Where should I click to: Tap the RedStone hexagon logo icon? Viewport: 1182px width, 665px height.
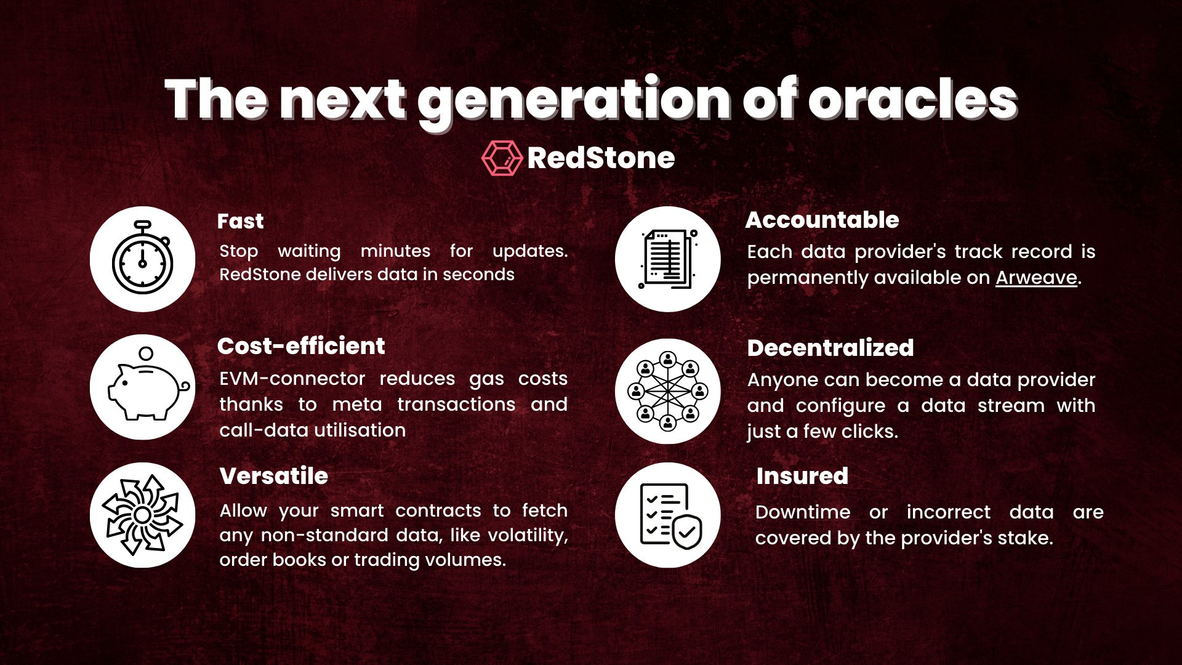[502, 158]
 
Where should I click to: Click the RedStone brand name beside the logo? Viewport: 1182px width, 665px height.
[601, 158]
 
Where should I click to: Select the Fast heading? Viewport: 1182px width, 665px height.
[240, 221]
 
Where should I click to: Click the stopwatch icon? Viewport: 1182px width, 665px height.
[142, 258]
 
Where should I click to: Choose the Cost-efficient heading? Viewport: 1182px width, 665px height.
[301, 346]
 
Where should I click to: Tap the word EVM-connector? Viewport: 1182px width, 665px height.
[292, 378]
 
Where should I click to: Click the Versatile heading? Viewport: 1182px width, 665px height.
[274, 476]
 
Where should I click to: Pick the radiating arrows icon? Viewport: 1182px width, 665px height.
[142, 515]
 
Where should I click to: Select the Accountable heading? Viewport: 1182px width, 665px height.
[822, 220]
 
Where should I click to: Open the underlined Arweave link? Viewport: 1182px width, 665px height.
[1037, 278]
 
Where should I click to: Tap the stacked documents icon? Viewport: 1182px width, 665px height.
[668, 259]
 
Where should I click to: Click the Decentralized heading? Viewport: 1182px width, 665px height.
[830, 348]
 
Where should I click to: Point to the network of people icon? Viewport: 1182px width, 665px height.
[668, 391]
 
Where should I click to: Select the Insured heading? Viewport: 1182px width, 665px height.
[802, 476]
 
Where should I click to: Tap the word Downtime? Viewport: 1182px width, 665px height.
[803, 512]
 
